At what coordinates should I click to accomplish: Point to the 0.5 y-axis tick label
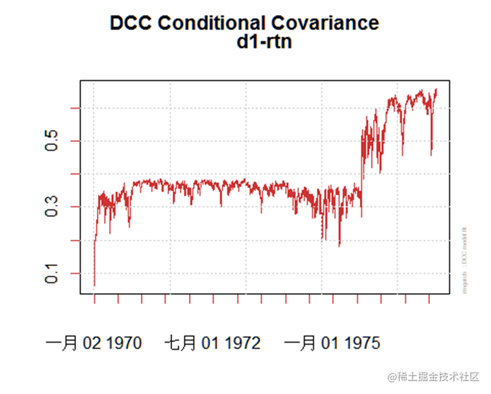[x=52, y=141]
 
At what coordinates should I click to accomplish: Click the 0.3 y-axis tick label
[x=52, y=207]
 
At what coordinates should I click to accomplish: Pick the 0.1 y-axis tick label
[x=52, y=273]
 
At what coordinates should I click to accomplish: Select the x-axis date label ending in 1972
[x=212, y=343]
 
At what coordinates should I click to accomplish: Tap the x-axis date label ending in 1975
[x=332, y=343]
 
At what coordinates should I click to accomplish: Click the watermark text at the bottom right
[x=433, y=376]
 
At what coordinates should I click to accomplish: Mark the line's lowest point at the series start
[x=94, y=285]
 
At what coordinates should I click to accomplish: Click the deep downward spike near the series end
[x=431, y=153]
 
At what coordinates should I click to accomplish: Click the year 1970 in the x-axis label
[x=121, y=343]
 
